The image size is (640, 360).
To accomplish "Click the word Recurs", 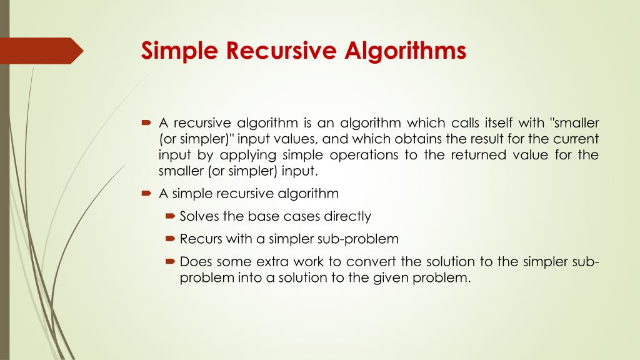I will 198,239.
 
